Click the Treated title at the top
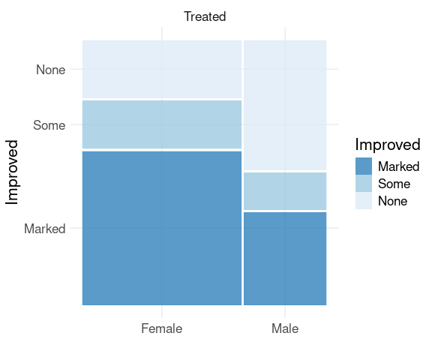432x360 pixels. pyautogui.click(x=205, y=16)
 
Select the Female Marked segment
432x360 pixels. pyautogui.click(x=162, y=228)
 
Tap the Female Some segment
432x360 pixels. pyautogui.click(x=162, y=124)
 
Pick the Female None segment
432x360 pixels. pyautogui.click(x=162, y=69)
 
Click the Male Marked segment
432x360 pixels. pyautogui.click(x=285, y=259)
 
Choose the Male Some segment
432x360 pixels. pyautogui.click(x=285, y=191)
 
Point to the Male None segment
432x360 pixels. pyautogui.click(x=285, y=105)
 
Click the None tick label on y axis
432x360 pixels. pyautogui.click(x=51, y=70)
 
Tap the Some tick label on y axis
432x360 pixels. pyautogui.click(x=49, y=125)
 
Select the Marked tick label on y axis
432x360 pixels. pyautogui.click(x=45, y=229)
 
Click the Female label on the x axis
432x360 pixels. pyautogui.click(x=162, y=328)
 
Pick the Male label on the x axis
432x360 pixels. pyautogui.click(x=285, y=328)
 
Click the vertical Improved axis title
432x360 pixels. pyautogui.click(x=11, y=172)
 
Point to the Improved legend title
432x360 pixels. pyautogui.click(x=388, y=145)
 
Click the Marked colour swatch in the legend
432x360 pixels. pyautogui.click(x=364, y=166)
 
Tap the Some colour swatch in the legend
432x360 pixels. pyautogui.click(x=364, y=184)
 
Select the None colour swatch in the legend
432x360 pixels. pyautogui.click(x=364, y=201)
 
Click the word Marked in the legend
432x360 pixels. pyautogui.click(x=399, y=166)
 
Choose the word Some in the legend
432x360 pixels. pyautogui.click(x=394, y=184)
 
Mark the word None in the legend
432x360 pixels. pyautogui.click(x=392, y=201)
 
